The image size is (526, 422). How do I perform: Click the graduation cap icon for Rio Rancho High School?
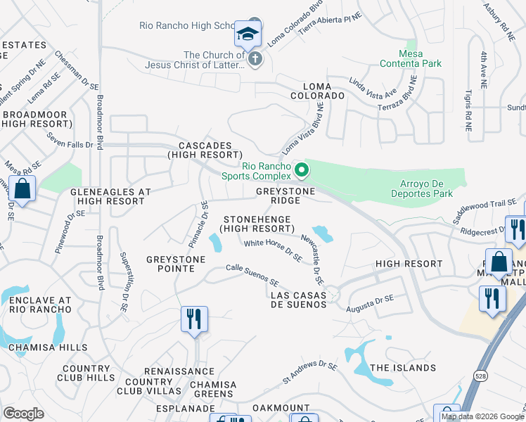248,34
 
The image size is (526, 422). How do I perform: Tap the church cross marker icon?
255,60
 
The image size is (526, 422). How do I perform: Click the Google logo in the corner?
23,414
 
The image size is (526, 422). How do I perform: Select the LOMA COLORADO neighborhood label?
319,95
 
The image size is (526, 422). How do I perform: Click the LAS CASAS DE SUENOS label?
299,300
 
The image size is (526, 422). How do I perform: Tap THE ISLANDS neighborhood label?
403,368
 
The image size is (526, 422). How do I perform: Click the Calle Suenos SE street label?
252,273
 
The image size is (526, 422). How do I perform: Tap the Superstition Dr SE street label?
124,274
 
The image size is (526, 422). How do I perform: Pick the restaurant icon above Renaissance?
193,319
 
